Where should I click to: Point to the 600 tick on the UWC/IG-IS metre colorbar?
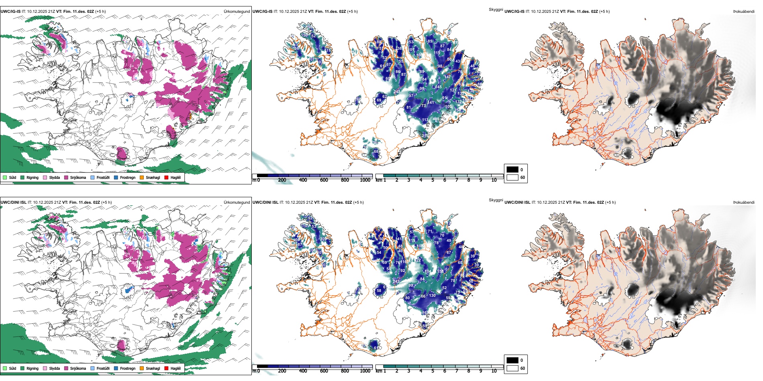pyautogui.click(x=324, y=180)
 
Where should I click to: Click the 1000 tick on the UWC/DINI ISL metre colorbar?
pyautogui.click(x=365, y=371)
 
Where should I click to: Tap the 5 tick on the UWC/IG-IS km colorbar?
pyautogui.click(x=433, y=180)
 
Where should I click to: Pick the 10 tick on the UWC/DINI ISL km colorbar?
pyautogui.click(x=494, y=371)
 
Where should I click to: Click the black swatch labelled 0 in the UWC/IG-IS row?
pyautogui.click(x=512, y=169)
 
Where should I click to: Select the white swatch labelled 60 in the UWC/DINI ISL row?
pyautogui.click(x=512, y=368)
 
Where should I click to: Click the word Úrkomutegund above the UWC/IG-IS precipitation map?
pyautogui.click(x=237, y=12)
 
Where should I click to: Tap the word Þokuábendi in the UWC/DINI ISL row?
pyautogui.click(x=744, y=203)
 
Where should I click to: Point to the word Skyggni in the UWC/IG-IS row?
pyautogui.click(x=496, y=9)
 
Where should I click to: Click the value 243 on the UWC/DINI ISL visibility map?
pyautogui.click(x=396, y=281)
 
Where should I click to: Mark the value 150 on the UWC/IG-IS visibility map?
pyautogui.click(x=305, y=35)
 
